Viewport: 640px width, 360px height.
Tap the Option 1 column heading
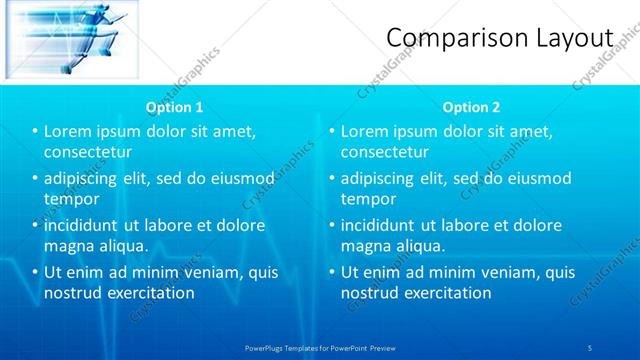pyautogui.click(x=174, y=107)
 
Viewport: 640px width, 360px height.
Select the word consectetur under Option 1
pyautogui.click(x=88, y=152)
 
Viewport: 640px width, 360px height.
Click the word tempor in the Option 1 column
pyautogui.click(x=72, y=199)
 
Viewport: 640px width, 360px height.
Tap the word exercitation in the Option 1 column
pyautogui.click(x=148, y=293)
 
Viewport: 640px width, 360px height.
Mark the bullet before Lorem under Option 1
pyautogui.click(x=36, y=131)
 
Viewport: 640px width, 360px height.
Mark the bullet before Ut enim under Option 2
pyautogui.click(x=332, y=271)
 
